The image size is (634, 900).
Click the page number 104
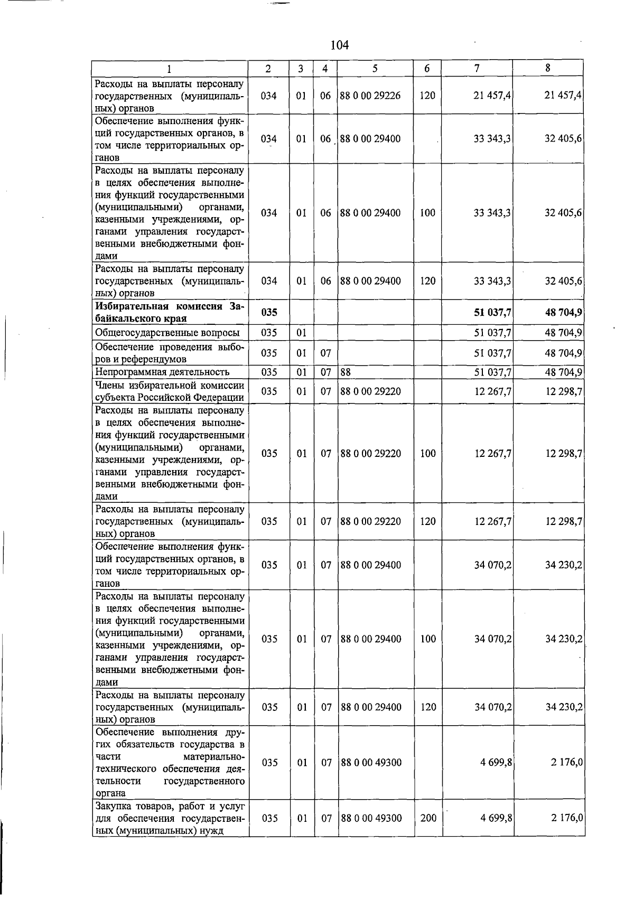[x=339, y=45]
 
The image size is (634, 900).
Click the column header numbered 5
[x=375, y=68]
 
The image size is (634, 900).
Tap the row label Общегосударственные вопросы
[x=167, y=333]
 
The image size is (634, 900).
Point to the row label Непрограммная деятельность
[x=162, y=372]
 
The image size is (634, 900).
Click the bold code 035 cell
[x=269, y=313]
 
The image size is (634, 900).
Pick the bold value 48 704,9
[x=563, y=313]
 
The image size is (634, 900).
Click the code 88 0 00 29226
[x=370, y=96]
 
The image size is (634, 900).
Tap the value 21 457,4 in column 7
[x=492, y=96]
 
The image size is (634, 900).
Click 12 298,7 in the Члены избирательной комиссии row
[x=563, y=392]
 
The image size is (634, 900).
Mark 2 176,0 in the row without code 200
[x=566, y=763]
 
